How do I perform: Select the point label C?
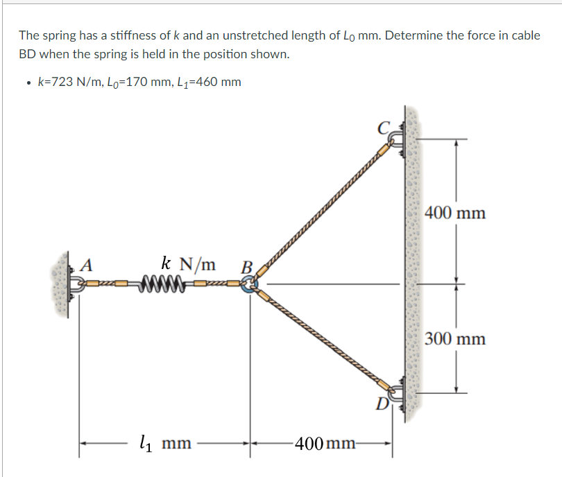(x=383, y=127)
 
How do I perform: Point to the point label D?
(x=380, y=404)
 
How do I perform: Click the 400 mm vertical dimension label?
(x=455, y=212)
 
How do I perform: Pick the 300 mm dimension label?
(x=455, y=339)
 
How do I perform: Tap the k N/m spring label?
(x=188, y=263)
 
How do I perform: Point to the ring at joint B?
(x=248, y=284)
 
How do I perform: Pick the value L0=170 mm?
(x=136, y=83)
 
